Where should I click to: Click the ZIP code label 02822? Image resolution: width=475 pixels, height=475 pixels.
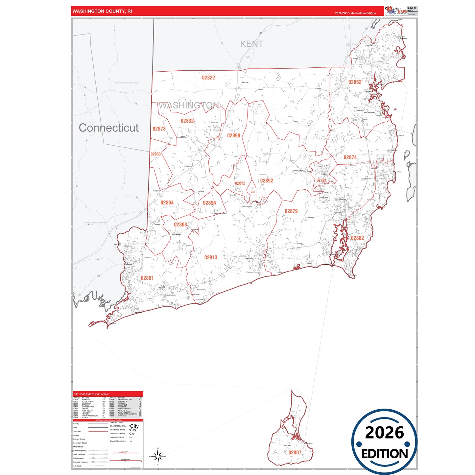tap(208, 78)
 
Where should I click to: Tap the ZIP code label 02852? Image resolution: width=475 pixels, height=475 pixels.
tap(355, 82)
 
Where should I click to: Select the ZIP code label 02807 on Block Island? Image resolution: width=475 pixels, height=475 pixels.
tap(295, 453)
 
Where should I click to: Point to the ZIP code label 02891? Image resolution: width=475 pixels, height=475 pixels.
tap(147, 278)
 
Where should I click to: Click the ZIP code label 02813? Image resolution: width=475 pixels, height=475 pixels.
tap(211, 257)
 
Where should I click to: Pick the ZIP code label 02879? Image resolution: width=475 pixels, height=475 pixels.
tap(291, 211)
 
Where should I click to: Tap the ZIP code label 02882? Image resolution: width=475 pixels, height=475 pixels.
tap(357, 238)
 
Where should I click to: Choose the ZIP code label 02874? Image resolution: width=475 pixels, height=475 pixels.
tap(350, 157)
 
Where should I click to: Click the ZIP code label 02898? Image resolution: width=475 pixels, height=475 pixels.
tap(234, 135)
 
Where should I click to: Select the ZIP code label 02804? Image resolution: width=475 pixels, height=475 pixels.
tap(167, 203)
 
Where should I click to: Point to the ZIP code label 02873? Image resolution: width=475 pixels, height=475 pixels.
tap(159, 129)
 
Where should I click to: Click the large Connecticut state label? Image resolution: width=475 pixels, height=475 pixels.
tap(108, 128)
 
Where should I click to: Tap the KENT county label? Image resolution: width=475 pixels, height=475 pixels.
tap(251, 44)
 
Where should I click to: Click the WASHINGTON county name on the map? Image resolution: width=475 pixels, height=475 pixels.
tap(188, 106)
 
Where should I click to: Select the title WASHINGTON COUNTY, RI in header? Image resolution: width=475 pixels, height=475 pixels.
tap(102, 11)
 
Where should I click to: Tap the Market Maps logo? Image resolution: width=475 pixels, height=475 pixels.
tap(396, 11)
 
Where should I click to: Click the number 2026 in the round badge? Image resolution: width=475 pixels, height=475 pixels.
tap(384, 433)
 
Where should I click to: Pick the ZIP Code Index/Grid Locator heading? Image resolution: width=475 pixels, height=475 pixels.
tap(91, 394)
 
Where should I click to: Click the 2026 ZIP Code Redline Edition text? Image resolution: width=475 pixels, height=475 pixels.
tap(355, 13)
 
